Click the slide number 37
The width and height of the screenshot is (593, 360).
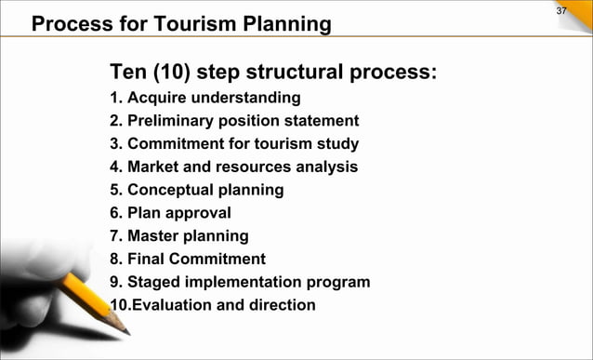(560, 10)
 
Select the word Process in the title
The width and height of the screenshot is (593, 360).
(68, 24)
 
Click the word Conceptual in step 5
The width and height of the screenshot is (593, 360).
(171, 191)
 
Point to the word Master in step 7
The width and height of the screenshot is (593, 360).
(154, 236)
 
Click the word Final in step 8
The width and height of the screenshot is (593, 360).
(146, 260)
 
